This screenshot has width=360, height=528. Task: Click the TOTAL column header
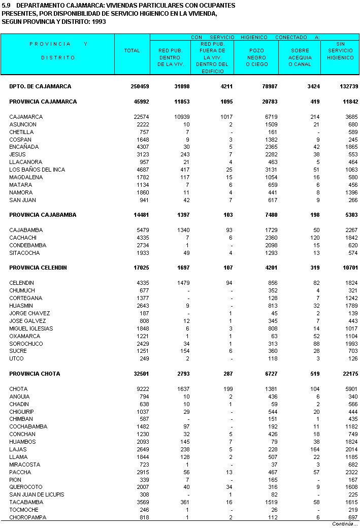(x=132, y=51)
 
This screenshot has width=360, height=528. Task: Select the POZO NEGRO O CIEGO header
(x=257, y=57)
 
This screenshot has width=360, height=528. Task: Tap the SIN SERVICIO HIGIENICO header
(x=340, y=51)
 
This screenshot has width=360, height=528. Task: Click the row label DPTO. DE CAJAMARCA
(x=40, y=86)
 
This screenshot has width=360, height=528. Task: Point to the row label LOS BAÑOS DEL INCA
(x=37, y=170)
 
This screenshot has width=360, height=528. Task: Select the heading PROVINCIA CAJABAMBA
(x=43, y=215)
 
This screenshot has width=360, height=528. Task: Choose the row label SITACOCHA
(x=24, y=253)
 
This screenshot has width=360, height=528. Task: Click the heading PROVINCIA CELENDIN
(x=38, y=268)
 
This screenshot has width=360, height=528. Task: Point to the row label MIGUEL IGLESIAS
(x=31, y=328)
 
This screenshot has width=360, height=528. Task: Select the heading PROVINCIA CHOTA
(x=35, y=374)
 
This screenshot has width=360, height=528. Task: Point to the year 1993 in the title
(x=98, y=22)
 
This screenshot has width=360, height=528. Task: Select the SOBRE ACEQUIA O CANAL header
(x=300, y=57)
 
